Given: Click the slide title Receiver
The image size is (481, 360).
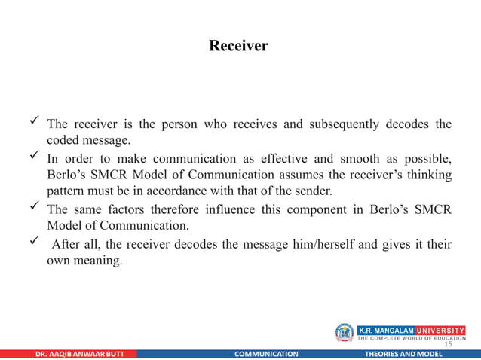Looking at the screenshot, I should click(x=238, y=47).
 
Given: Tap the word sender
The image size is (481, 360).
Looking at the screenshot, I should click(x=313, y=192).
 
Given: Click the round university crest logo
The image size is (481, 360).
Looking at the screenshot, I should click(x=345, y=333).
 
